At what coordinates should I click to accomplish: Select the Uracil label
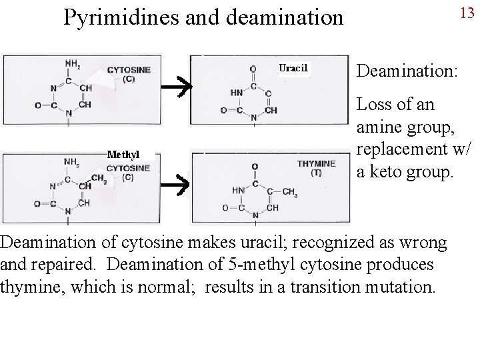coord(293,68)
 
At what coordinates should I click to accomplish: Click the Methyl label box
coord(123,155)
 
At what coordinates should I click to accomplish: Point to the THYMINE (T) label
coord(316,167)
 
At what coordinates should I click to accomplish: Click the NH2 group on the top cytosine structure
coord(73,64)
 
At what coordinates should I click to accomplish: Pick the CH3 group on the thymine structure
coord(289,192)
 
